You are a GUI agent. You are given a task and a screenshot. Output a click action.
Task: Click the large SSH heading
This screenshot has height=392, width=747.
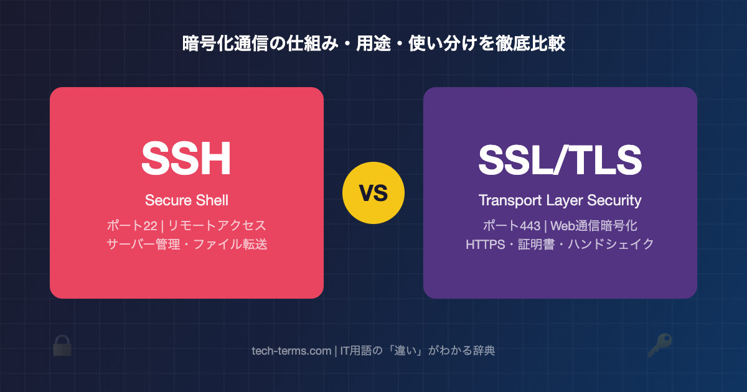tap(186, 158)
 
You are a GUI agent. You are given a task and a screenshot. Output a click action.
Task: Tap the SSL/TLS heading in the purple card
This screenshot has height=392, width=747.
tap(560, 160)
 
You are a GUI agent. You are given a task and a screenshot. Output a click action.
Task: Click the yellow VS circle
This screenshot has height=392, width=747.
tap(374, 193)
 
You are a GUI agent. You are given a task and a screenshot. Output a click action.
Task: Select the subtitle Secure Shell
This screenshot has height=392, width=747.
tap(187, 200)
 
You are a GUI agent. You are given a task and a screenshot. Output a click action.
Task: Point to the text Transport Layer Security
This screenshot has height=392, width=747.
tap(560, 200)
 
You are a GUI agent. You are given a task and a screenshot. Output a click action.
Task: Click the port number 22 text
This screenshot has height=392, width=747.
tap(150, 226)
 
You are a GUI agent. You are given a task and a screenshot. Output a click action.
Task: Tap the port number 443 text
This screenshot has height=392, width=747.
tap(529, 226)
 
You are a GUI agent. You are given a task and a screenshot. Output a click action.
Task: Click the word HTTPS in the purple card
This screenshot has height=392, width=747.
tap(486, 245)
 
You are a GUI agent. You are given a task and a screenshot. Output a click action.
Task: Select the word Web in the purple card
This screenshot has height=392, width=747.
tap(562, 226)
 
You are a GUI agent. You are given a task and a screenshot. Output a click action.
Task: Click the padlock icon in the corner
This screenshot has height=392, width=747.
tap(62, 346)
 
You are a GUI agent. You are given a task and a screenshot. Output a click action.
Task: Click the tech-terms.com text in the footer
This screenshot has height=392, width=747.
tap(291, 351)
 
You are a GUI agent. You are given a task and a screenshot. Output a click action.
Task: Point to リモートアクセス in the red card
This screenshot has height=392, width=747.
tap(217, 226)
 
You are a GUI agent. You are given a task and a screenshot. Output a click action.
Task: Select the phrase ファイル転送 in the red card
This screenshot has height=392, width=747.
tap(230, 245)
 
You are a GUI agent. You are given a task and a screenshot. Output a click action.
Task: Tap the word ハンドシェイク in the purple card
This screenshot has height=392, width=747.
tap(611, 245)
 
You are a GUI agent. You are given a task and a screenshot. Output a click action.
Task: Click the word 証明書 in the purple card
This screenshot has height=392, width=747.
tap(536, 245)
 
